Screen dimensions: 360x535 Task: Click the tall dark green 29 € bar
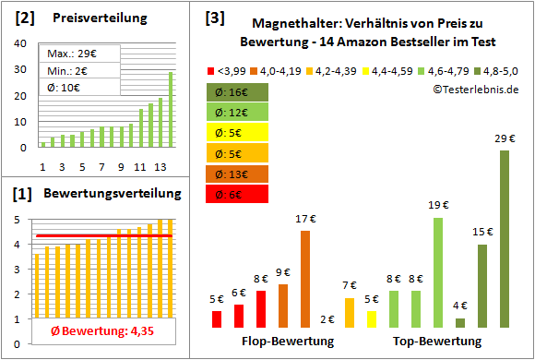[x=505, y=238]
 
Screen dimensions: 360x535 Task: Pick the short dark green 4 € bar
[x=460, y=322]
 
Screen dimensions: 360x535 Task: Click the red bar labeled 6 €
[x=239, y=316]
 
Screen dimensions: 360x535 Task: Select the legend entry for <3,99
[x=229, y=70]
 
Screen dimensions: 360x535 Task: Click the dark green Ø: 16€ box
[x=238, y=91]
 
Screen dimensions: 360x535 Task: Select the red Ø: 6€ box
[x=238, y=193]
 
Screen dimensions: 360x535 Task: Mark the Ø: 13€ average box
[x=238, y=173]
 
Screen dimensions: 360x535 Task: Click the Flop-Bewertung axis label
[x=287, y=342]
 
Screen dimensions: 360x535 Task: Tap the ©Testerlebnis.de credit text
[x=474, y=89]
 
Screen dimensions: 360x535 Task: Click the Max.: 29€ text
[x=73, y=54]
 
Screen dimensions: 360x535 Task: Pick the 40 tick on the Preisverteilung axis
[x=24, y=43]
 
